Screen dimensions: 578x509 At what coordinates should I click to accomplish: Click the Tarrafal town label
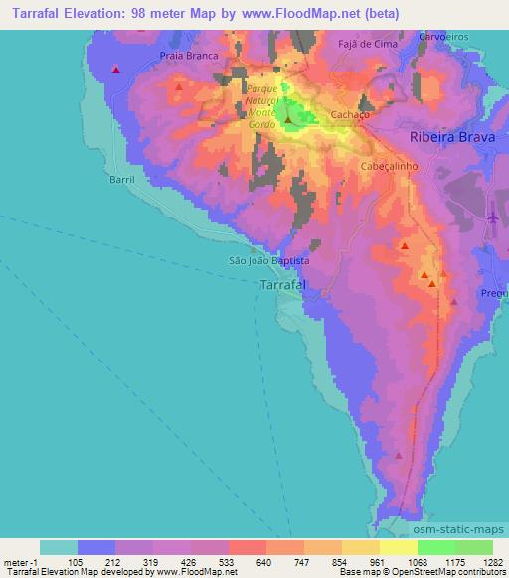click(x=281, y=285)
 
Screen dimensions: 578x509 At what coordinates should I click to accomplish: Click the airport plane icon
click(x=493, y=217)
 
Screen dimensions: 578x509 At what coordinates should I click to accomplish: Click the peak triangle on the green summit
click(x=289, y=122)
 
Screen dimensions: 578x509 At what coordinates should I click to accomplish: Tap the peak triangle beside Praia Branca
click(x=178, y=87)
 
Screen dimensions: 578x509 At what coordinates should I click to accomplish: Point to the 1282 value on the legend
click(x=492, y=561)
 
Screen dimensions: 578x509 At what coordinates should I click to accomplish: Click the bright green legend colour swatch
click(x=436, y=547)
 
